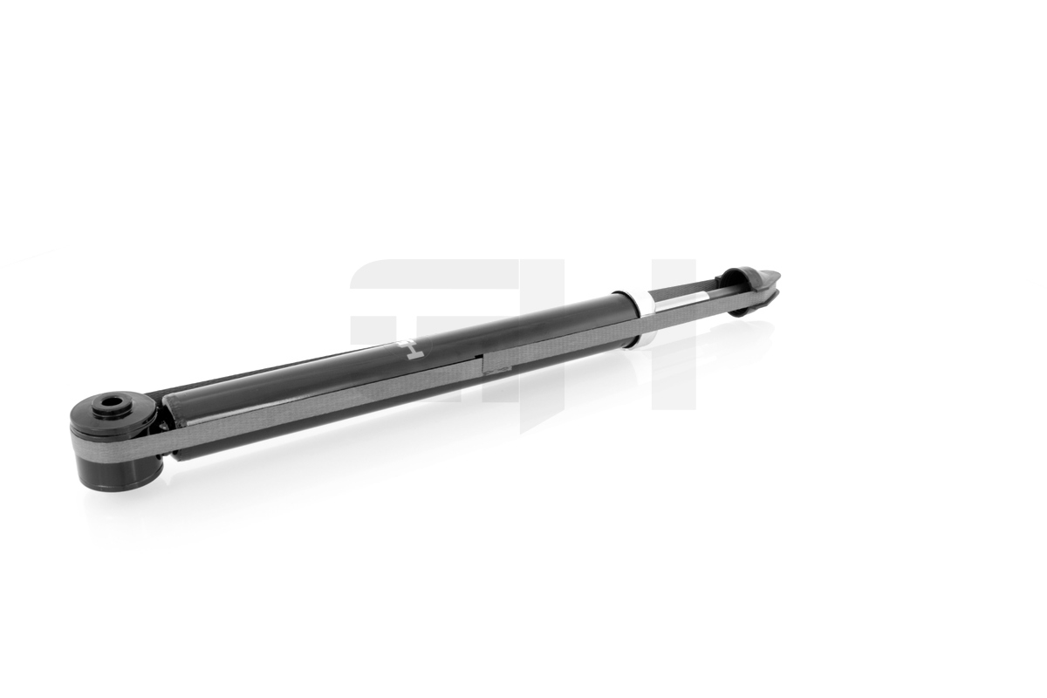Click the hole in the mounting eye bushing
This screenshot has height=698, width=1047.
pyautogui.click(x=112, y=404)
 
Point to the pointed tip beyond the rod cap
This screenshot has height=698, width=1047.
pyautogui.click(x=771, y=278)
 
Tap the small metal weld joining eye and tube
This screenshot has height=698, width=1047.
pyautogui.click(x=161, y=426)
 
